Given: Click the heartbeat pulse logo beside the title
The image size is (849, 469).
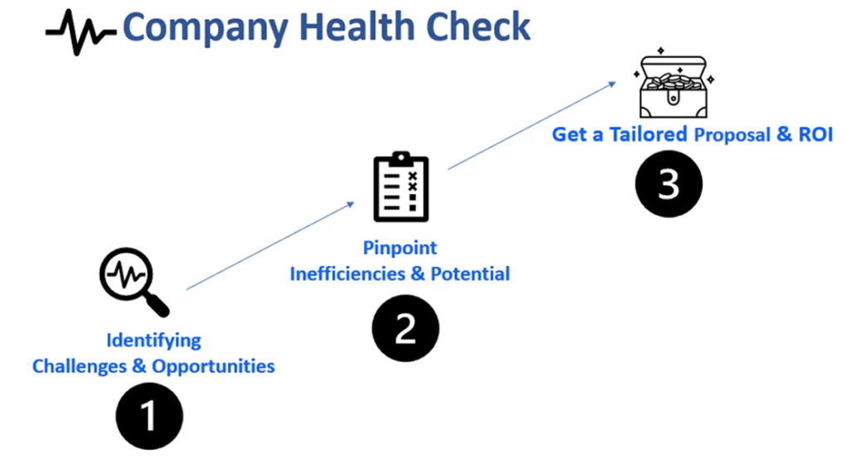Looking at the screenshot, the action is [x=80, y=32].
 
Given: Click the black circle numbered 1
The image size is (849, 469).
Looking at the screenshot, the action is [x=149, y=416].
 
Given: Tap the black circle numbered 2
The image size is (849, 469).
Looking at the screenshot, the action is [x=405, y=328].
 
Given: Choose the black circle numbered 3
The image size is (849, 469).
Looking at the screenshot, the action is [x=669, y=184].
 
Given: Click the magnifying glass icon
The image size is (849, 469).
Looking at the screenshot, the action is [x=134, y=282].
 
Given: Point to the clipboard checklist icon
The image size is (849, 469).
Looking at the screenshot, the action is [x=401, y=186].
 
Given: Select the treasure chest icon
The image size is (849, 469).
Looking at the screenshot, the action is [x=673, y=84].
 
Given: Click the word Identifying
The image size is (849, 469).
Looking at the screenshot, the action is [x=153, y=341].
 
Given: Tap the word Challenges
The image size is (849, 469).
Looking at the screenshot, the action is [x=79, y=366].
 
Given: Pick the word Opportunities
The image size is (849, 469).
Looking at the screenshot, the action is [x=213, y=367].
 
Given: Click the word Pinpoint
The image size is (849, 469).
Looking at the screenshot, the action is [x=400, y=248].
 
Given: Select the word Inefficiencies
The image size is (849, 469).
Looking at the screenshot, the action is [x=347, y=273].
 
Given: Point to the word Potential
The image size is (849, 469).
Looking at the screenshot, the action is [x=470, y=273].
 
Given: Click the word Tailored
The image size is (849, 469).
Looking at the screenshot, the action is [x=648, y=134].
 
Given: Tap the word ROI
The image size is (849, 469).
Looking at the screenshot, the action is [x=816, y=134].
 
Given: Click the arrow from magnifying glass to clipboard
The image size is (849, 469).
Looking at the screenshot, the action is [x=270, y=246].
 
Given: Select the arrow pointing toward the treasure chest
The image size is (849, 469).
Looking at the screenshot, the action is [x=531, y=125].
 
